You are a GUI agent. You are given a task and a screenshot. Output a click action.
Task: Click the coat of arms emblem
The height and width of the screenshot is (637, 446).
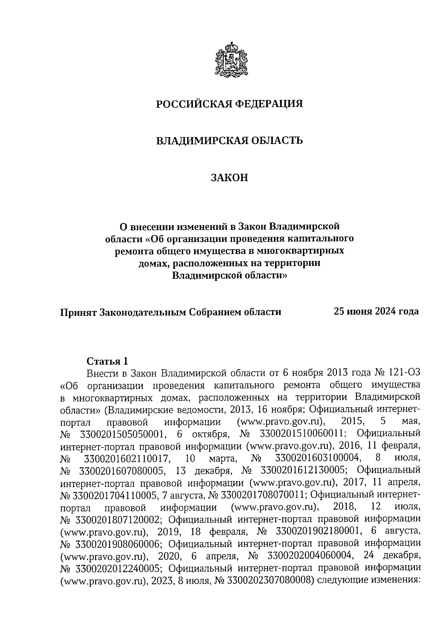click(x=231, y=60)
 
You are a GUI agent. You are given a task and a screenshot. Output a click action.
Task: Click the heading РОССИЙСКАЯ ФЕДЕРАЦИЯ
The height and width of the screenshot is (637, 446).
click(x=229, y=104)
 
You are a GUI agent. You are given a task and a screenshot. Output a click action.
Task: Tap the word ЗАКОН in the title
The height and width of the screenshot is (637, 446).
click(x=229, y=178)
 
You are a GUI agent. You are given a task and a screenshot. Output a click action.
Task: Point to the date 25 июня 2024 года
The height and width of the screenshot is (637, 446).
click(x=376, y=311)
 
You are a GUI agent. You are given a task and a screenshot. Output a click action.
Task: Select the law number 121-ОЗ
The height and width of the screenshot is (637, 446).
click(x=402, y=373)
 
